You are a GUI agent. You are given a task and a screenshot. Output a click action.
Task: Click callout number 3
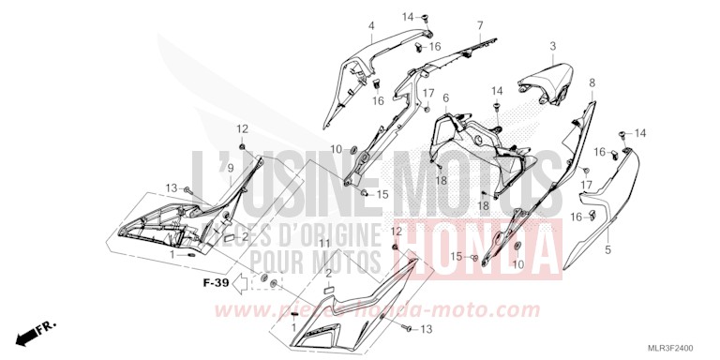(553, 46)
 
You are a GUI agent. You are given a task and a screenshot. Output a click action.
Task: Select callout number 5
(607, 250)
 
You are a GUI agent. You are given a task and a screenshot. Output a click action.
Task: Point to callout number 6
(445, 97)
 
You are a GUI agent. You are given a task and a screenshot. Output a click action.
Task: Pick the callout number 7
(480, 25)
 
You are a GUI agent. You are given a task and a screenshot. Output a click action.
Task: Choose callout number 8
(592, 83)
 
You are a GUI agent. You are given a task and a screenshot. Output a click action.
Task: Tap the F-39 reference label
(215, 281)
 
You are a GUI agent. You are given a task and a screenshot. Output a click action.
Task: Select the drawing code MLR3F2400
(682, 344)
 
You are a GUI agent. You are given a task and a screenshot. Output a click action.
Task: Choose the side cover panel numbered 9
(178, 220)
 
